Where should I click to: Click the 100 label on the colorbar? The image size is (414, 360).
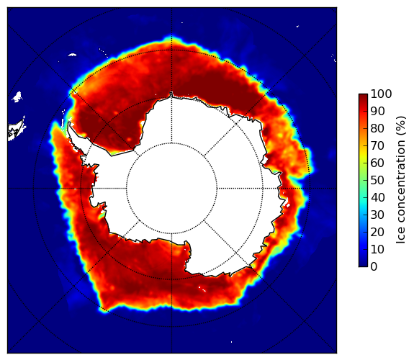382,94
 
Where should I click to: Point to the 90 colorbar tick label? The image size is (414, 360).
378,111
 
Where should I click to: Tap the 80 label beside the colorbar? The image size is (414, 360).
378,129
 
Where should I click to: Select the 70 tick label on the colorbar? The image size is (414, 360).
378,145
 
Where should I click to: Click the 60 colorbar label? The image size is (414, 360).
378,163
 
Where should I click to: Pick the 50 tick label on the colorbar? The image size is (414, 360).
378,181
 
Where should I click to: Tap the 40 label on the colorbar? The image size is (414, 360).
378,197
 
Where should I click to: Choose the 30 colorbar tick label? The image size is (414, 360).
378,215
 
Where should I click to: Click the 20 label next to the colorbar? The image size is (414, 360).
378,232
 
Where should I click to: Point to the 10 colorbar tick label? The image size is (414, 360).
378,249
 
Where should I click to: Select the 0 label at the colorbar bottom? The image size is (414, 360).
374,267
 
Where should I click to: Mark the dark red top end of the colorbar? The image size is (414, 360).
363,96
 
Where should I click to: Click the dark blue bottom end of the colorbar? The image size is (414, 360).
363,265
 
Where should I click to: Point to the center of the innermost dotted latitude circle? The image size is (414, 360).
171,189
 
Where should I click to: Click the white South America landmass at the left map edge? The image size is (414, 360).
15,131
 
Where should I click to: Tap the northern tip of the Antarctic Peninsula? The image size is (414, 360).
69,122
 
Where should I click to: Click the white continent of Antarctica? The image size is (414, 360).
185,185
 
